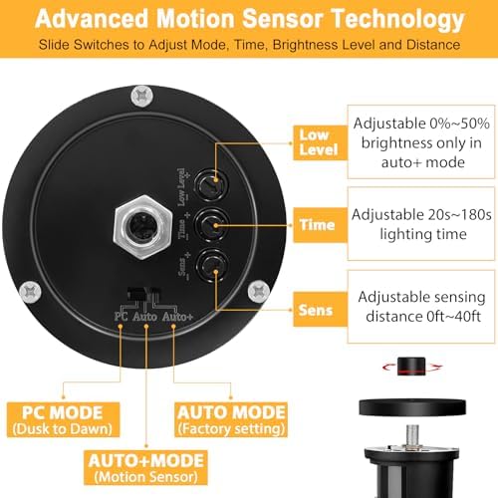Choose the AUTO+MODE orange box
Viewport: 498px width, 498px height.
(145, 467)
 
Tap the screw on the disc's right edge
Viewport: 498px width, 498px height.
(254, 291)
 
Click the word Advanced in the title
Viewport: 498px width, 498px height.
(95, 19)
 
